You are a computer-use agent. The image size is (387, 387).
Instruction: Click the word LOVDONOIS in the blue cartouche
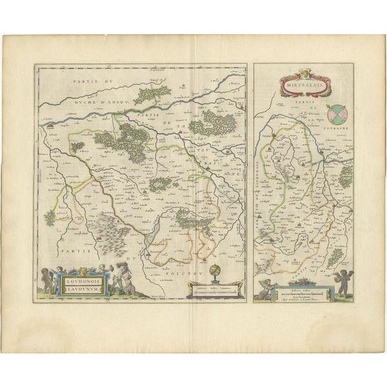(x=81, y=279)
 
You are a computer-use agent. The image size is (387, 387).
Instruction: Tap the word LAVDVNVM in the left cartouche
(x=81, y=288)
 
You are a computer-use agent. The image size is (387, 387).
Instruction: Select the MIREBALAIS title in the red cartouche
(x=303, y=83)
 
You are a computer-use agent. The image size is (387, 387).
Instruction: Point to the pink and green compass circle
(x=336, y=114)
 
